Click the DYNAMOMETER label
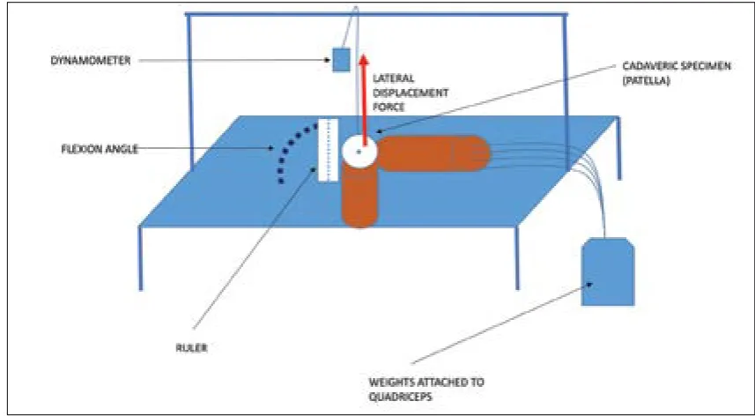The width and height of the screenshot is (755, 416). [x=90, y=61]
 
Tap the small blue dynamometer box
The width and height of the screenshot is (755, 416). [x=341, y=60]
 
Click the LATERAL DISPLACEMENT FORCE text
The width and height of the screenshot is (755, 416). [x=411, y=93]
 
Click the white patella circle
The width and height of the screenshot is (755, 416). [x=359, y=152]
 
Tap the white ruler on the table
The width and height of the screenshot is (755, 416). [x=328, y=150]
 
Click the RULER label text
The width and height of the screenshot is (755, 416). [x=192, y=348]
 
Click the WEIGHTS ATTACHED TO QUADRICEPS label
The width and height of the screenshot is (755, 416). [x=426, y=390]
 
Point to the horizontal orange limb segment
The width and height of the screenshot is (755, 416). [x=433, y=153]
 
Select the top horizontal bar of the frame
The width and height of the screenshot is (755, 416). [x=376, y=14]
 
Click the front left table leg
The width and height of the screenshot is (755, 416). [x=141, y=258]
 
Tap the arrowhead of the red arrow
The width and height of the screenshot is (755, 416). [x=364, y=59]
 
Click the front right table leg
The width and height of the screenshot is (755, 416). [x=517, y=258]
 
